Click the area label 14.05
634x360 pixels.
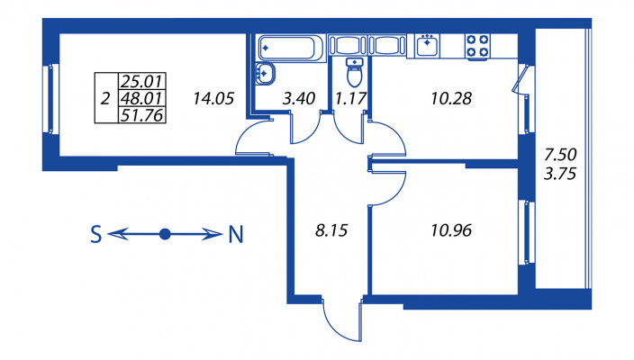tap(213, 99)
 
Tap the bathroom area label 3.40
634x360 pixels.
tap(299, 99)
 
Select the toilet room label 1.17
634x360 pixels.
tap(350, 99)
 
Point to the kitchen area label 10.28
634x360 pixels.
tap(451, 99)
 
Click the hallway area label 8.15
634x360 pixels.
tap(331, 230)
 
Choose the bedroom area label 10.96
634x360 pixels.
tap(451, 230)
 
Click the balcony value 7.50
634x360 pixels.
tap(560, 154)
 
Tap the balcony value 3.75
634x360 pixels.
tap(560, 174)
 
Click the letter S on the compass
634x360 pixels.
tap(95, 234)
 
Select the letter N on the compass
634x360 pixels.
tap(236, 234)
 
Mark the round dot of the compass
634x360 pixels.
tap(165, 234)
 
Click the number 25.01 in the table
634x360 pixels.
tap(142, 82)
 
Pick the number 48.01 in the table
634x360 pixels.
tap(142, 98)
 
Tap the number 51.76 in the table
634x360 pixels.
tap(142, 115)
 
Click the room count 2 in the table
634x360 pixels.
tap(105, 99)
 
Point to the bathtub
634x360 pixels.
tap(289, 48)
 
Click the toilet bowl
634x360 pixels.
tap(355, 73)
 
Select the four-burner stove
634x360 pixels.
tap(477, 47)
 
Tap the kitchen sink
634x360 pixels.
tap(428, 45)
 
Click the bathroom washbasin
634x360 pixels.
tap(265, 74)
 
